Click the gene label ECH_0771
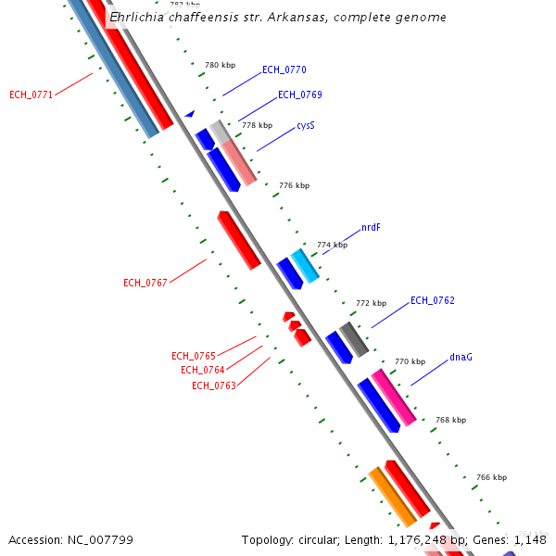pyautogui.click(x=32, y=95)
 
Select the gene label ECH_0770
pyautogui.click(x=284, y=69)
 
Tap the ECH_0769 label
pyautogui.click(x=300, y=95)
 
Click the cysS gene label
pyautogui.click(x=306, y=125)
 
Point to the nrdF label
pyautogui.click(x=371, y=227)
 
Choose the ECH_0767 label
pyautogui.click(x=145, y=283)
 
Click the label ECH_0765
pyautogui.click(x=194, y=356)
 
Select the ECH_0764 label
pyautogui.click(x=203, y=371)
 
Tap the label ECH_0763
pyautogui.click(x=214, y=385)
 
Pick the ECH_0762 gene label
pyautogui.click(x=433, y=300)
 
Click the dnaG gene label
pyautogui.click(x=461, y=357)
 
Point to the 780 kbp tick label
pyautogui.click(x=220, y=65)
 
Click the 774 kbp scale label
pyautogui.click(x=332, y=245)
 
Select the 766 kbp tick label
pyautogui.click(x=491, y=477)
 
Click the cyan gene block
pyautogui.click(x=305, y=266)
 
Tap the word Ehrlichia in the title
pyautogui.click(x=140, y=18)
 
